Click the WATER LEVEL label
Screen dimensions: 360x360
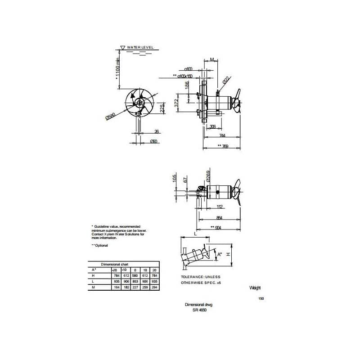pyautogui.click(x=141, y=47)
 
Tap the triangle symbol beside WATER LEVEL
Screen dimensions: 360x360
pyautogui.click(x=123, y=47)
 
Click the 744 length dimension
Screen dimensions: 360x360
pyautogui.click(x=222, y=135)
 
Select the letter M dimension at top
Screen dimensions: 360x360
pyautogui.click(x=211, y=59)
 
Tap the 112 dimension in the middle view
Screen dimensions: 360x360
pyautogui.click(x=220, y=207)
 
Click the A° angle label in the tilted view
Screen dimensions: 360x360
pyautogui.click(x=220, y=255)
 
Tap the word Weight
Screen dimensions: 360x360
pyautogui.click(x=255, y=288)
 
